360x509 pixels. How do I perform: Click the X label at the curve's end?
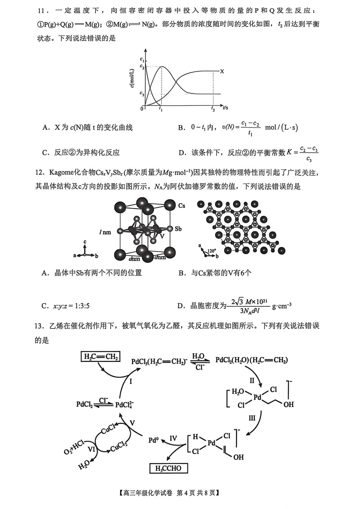coord(222,71)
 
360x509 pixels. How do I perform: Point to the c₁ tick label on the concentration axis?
coord(142,60)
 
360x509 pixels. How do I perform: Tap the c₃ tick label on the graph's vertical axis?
coord(142,93)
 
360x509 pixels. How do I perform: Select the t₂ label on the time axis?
coord(213,109)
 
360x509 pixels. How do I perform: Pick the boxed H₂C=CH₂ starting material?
coord(101,357)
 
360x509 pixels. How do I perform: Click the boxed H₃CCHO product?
coord(169,468)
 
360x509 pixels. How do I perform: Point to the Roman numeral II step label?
coord(252,381)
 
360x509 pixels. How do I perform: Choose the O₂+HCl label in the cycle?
coord(74,447)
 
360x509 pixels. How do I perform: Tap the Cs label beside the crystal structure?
coord(182,206)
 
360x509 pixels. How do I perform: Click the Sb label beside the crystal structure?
coord(178,229)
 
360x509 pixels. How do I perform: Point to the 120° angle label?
coord(212,251)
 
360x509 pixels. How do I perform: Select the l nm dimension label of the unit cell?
coord(105,232)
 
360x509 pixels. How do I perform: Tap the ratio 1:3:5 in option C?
coord(81,306)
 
